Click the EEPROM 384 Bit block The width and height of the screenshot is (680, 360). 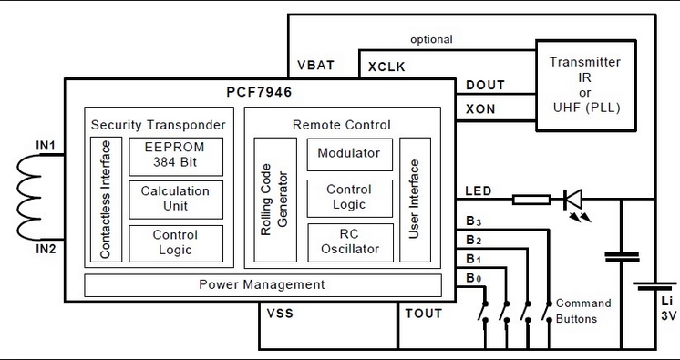[x=176, y=157]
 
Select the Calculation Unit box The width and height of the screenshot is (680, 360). [x=176, y=200]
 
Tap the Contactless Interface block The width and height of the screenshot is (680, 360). [x=107, y=200]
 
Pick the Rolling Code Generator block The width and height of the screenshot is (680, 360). [x=275, y=200]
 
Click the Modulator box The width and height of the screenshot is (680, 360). [x=350, y=154]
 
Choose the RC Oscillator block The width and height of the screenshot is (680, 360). [x=350, y=242]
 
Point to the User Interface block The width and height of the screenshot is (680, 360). [x=415, y=200]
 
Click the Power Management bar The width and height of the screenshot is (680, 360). [x=263, y=285]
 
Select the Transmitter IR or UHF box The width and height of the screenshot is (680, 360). [x=586, y=86]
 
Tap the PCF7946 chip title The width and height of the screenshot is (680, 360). [x=260, y=92]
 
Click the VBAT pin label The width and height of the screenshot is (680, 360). [x=315, y=65]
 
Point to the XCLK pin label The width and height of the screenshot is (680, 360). [x=386, y=67]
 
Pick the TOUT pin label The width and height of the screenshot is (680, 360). [x=424, y=314]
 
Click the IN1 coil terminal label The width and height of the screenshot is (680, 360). [x=45, y=146]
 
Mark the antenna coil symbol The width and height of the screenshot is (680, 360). [x=29, y=198]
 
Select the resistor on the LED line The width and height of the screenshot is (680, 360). [x=531, y=200]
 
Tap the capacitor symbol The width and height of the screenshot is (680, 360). [x=622, y=257]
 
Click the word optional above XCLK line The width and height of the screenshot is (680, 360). [x=431, y=39]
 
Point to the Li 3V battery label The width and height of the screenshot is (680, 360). [x=668, y=309]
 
